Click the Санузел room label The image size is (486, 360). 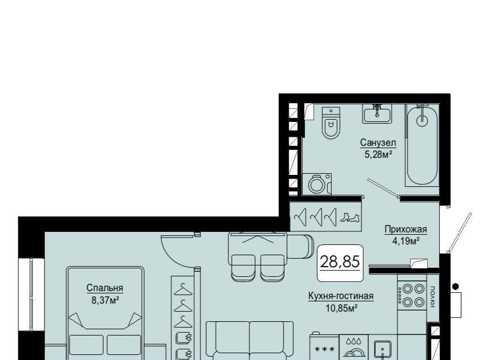point(378,143)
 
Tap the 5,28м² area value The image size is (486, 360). point(378,154)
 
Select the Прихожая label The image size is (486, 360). point(406,230)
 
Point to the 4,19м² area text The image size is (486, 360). point(406,241)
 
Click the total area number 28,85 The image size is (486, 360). point(340,261)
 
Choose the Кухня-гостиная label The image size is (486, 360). point(341,296)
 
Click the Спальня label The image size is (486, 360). point(105,288)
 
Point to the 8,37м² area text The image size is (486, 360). point(105,300)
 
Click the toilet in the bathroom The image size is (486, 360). point(331,123)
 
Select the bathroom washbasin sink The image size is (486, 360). point(377,113)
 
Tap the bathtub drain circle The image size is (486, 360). point(422,120)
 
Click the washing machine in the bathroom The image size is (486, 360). point(317,184)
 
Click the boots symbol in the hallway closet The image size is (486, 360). point(349,218)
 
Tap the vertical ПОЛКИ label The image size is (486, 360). point(433,297)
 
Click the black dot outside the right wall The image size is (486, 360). point(456,286)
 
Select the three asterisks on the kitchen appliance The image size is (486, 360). point(325,349)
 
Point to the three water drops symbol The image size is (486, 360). point(354,341)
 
